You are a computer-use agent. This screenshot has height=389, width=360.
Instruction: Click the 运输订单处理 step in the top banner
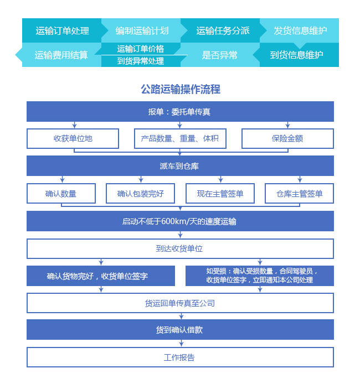(62, 30)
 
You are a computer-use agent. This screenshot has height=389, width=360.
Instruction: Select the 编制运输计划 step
(142, 30)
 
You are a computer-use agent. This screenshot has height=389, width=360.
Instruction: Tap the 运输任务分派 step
(223, 30)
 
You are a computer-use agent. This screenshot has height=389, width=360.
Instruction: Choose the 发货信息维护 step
(300, 30)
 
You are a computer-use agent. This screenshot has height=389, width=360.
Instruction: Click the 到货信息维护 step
(296, 55)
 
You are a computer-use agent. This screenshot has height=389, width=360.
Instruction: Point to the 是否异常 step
(219, 55)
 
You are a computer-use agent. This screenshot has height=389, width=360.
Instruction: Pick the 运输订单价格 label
(141, 49)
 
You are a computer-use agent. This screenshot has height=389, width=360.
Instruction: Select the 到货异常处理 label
(141, 61)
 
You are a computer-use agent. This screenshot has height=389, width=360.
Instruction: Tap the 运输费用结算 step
(61, 55)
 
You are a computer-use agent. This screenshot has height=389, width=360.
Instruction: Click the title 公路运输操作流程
(181, 89)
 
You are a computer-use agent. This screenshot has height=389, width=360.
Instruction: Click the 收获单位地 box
(73, 138)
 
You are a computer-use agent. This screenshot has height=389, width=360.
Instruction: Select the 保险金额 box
(287, 138)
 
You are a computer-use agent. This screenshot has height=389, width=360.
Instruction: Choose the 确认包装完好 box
(140, 194)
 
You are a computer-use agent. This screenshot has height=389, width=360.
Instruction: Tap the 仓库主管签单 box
(299, 194)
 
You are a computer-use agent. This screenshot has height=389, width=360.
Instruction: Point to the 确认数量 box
(61, 194)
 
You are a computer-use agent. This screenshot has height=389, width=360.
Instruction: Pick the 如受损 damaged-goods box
(260, 276)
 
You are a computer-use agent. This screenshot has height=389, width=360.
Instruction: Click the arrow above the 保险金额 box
(287, 125)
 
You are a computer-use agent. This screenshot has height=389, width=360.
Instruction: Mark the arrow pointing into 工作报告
(181, 343)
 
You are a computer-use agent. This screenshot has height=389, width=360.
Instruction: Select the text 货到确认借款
(179, 330)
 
